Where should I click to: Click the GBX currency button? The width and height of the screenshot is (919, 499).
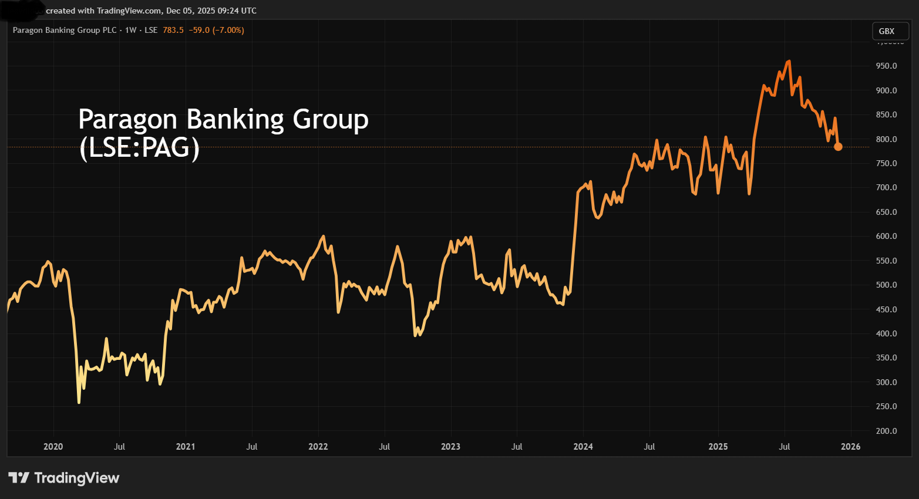click(x=887, y=31)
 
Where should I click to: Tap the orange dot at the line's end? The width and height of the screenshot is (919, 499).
click(x=838, y=147)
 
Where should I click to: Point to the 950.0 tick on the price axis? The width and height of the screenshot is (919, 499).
click(x=886, y=66)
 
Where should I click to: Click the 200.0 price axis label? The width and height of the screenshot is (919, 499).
click(x=886, y=431)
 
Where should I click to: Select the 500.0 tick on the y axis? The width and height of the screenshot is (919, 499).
click(x=886, y=285)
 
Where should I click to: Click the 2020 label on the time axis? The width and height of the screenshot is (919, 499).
click(x=53, y=447)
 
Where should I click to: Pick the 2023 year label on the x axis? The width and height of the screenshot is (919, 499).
click(x=450, y=447)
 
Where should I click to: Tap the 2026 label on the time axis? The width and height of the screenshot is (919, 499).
click(x=850, y=447)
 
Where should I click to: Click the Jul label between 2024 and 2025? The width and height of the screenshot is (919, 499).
click(x=649, y=447)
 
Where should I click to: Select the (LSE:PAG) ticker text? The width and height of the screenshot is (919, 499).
click(x=139, y=147)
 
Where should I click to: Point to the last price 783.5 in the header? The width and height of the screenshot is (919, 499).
click(x=173, y=30)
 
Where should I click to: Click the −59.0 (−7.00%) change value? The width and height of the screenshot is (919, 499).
click(x=216, y=30)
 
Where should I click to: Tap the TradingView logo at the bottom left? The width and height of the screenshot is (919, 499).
click(x=64, y=478)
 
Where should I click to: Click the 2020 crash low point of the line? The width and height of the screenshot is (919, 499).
click(x=79, y=402)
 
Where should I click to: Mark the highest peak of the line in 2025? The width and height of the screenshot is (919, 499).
click(x=789, y=61)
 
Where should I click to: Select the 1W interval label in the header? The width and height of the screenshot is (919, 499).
click(x=130, y=30)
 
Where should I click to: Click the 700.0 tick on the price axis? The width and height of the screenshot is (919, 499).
click(x=886, y=188)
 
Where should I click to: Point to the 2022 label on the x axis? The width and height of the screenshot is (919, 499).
click(x=318, y=447)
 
